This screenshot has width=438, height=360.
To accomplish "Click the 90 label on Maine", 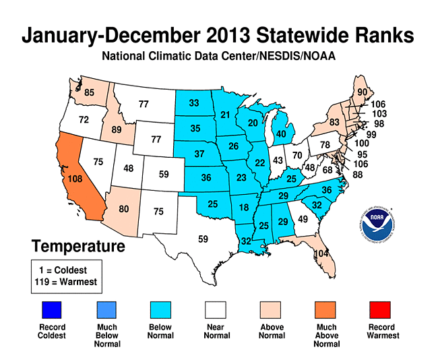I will (x=362, y=92).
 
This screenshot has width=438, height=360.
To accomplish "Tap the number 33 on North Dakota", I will (x=195, y=103).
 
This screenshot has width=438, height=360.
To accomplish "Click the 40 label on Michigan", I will (x=281, y=133).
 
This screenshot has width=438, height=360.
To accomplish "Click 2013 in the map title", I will (x=265, y=36).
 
